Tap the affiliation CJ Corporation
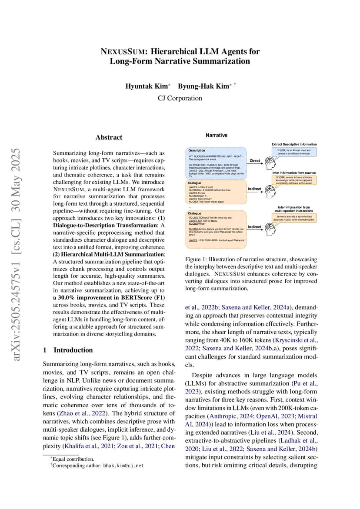pyautogui.click(x=180, y=98)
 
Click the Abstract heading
pyautogui.click(x=109, y=137)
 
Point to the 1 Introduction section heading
pyautogui.click(x=69, y=350)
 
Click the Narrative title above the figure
pyautogui.click(x=217, y=135)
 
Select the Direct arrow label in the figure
pyautogui.click(x=255, y=161)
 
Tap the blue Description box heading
pyautogui.click(x=197, y=150)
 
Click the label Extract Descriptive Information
pyautogui.click(x=294, y=144)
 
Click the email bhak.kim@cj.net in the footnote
pyautogui.click(x=123, y=466)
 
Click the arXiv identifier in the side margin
pyautogui.click(x=18, y=255)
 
